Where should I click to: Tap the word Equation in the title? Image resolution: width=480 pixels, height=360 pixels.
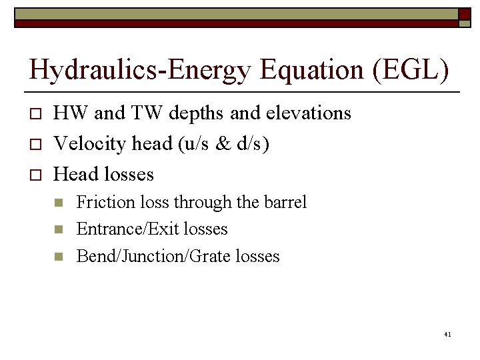tap(296, 70)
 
